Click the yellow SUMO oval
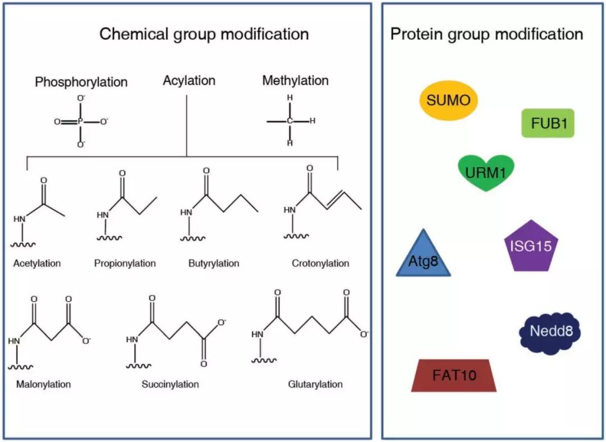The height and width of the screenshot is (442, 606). [449, 101]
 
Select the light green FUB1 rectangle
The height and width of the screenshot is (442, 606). [548, 123]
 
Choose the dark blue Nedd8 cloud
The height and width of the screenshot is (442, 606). [550, 331]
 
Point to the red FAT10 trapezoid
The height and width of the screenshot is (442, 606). [454, 375]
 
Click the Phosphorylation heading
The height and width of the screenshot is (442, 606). [81, 82]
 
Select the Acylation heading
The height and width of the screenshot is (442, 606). [189, 81]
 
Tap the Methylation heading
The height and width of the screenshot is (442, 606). [295, 81]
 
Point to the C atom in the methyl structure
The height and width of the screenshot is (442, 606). [290, 121]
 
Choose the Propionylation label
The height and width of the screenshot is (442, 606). [125, 263]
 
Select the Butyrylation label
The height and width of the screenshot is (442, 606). [214, 263]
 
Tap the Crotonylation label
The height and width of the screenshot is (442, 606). [320, 263]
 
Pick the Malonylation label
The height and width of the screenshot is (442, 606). [44, 384]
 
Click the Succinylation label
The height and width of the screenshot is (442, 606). [170, 384]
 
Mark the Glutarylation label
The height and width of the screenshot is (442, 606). [315, 384]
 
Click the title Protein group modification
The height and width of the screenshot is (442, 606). [486, 34]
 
